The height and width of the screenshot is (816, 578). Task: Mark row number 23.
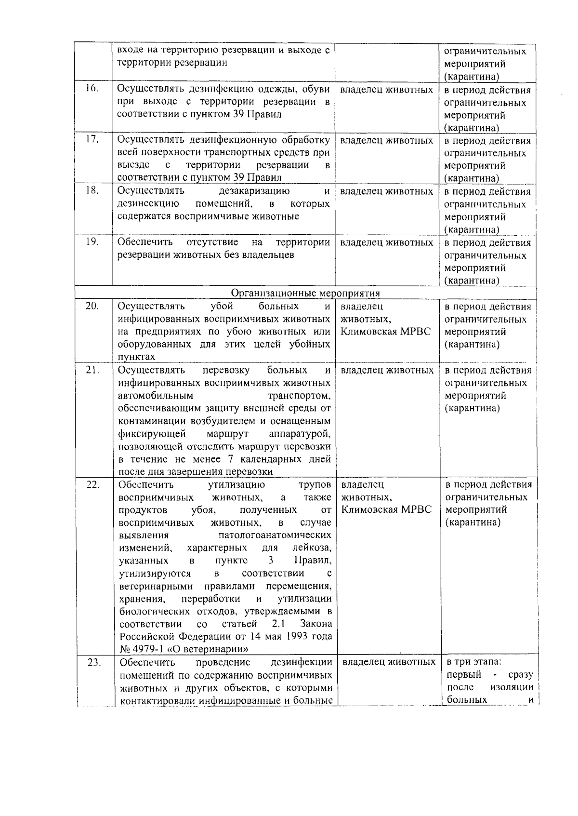[93, 662]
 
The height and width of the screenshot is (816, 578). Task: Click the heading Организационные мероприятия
[305, 293]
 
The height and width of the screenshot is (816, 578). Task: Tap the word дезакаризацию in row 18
[254, 191]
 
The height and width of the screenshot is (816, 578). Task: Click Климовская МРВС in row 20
[385, 332]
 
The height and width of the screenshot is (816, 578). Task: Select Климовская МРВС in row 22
[386, 509]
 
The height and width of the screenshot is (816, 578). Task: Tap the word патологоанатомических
[275, 535]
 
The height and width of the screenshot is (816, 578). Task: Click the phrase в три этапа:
[474, 662]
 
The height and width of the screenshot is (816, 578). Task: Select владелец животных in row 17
[386, 140]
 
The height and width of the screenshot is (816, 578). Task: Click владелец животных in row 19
[386, 242]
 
